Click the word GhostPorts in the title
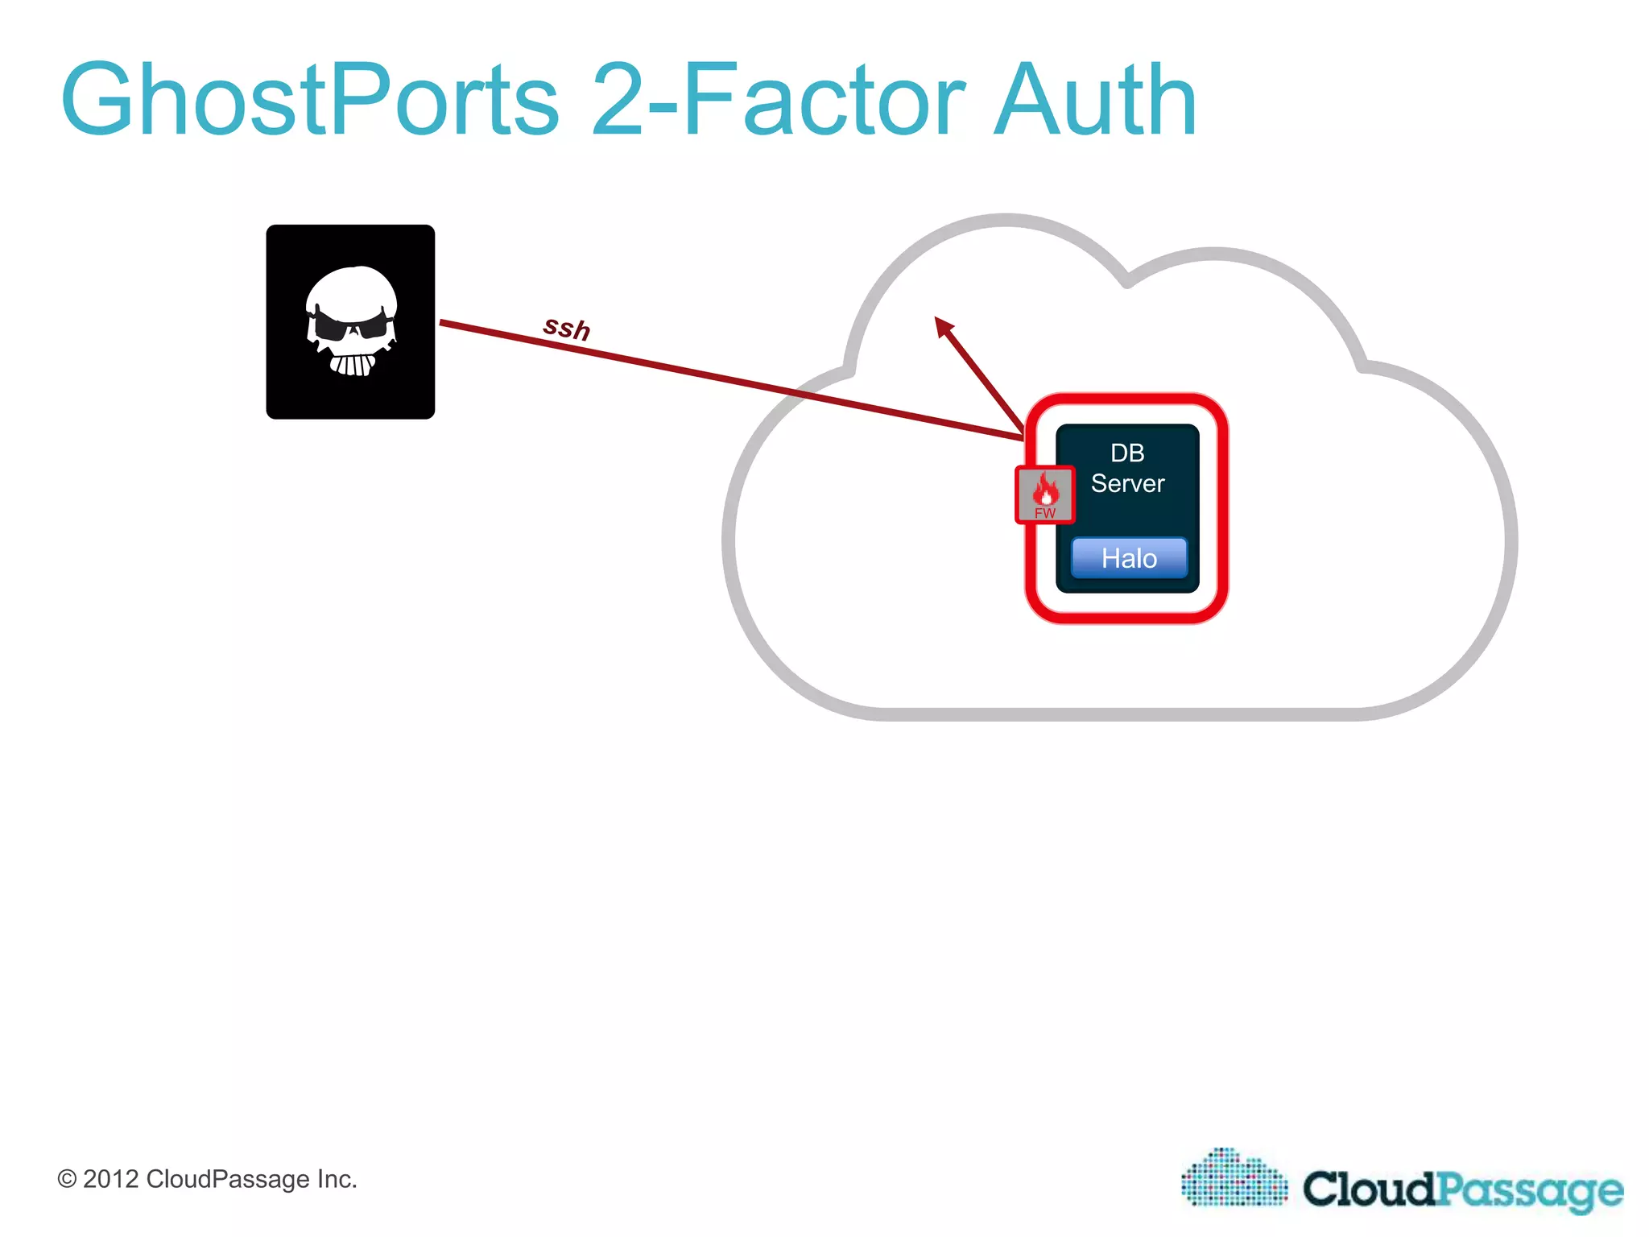click(310, 101)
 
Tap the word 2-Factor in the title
click(778, 101)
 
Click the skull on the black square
click(351, 321)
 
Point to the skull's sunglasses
click(352, 326)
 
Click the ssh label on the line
click(567, 328)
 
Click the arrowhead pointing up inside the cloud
click(944, 325)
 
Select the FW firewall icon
click(1045, 494)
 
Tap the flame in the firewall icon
click(1046, 487)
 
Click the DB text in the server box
click(1127, 453)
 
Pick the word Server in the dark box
click(1127, 484)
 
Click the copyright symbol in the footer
click(67, 1180)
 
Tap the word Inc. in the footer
click(337, 1180)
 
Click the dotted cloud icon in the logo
click(1234, 1177)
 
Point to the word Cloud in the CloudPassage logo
click(1370, 1189)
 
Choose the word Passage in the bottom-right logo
click(1530, 1190)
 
